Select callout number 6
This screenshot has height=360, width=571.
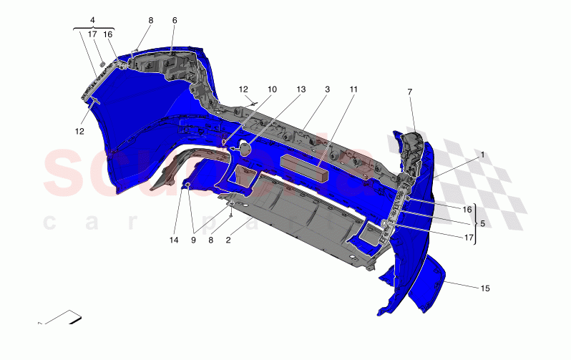[174, 21]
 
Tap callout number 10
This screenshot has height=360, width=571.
[272, 89]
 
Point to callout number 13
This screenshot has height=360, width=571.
[301, 89]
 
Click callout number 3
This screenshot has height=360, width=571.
[327, 89]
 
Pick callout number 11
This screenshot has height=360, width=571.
[353, 89]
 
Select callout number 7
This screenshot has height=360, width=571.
[409, 92]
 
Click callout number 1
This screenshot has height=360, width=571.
[482, 155]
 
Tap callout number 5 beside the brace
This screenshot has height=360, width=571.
[482, 223]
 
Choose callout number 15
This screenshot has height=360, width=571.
[484, 288]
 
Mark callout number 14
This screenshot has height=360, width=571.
[173, 240]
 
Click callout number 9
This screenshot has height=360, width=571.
[193, 240]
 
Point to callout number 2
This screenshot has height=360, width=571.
[228, 240]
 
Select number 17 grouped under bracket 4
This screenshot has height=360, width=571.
[93, 34]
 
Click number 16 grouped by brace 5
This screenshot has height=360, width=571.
[467, 210]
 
